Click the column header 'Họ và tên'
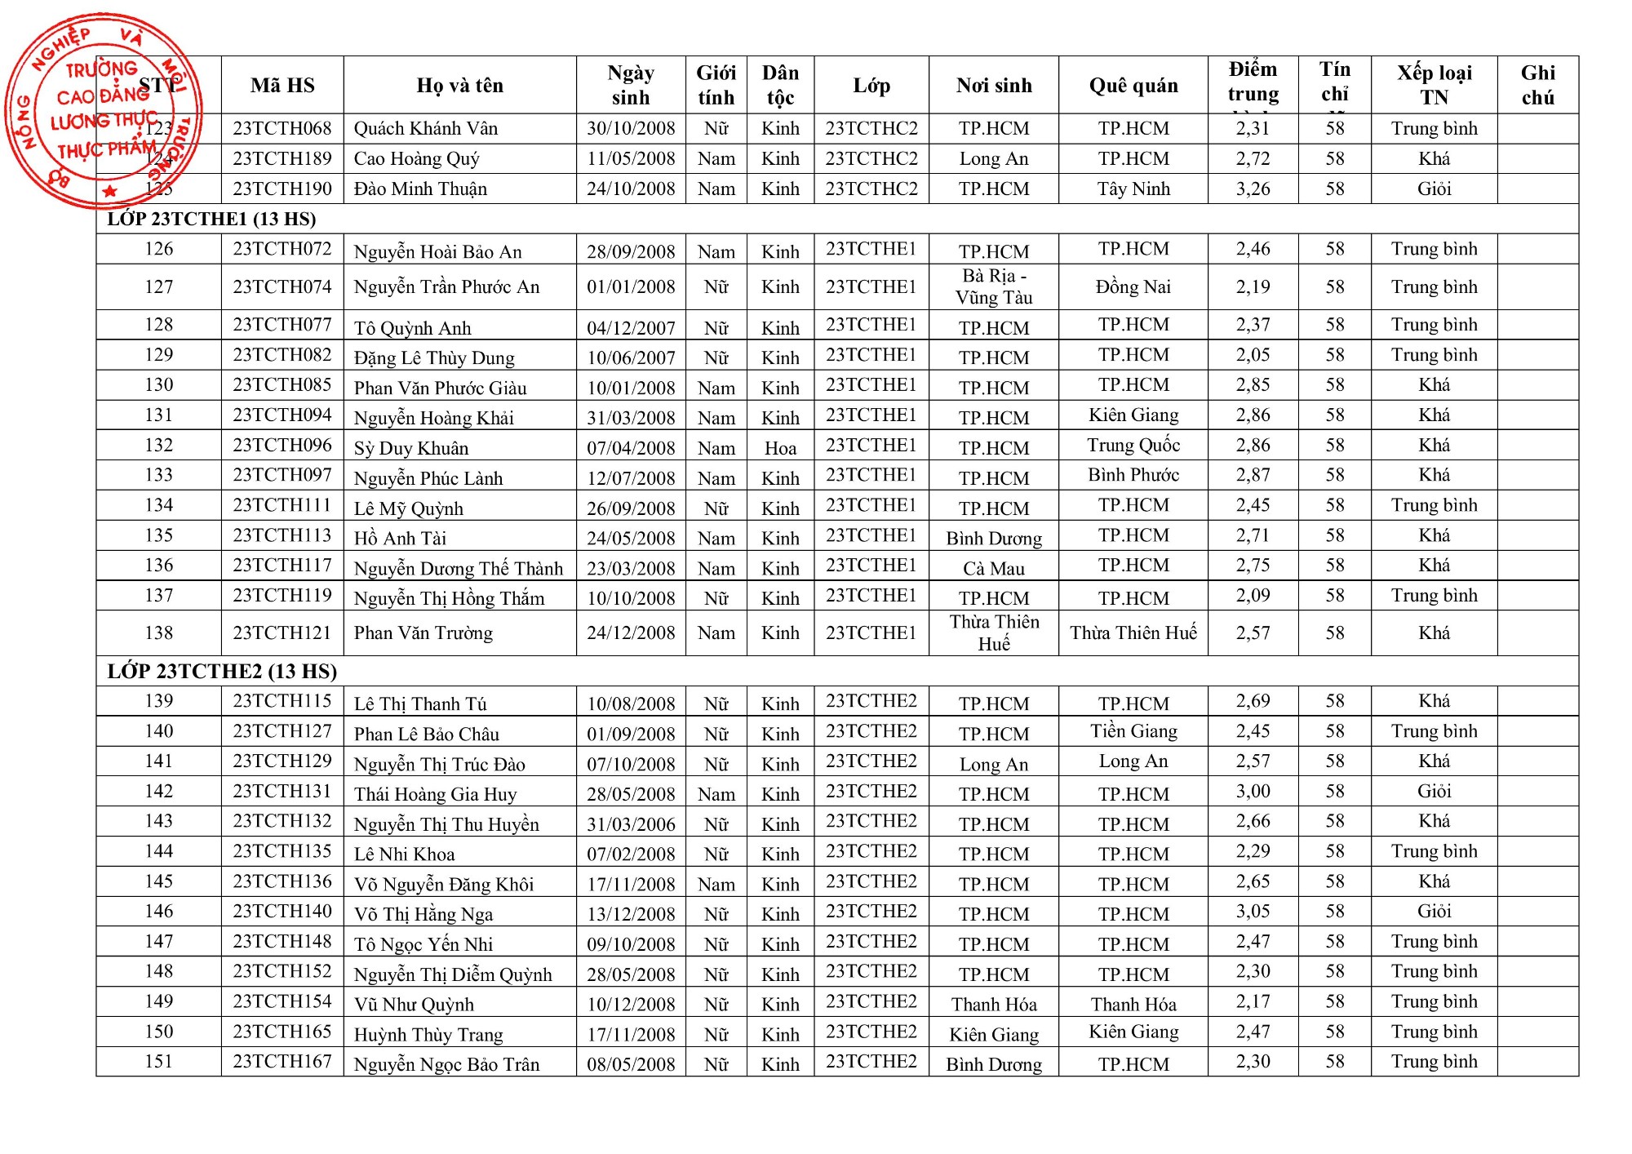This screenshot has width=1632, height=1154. [x=459, y=85]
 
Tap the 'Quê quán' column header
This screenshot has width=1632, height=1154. [x=1133, y=85]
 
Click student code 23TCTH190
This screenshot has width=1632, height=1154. [x=282, y=189]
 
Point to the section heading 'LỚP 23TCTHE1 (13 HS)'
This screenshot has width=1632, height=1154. [x=211, y=219]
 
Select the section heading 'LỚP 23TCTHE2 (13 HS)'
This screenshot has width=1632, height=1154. [x=222, y=671]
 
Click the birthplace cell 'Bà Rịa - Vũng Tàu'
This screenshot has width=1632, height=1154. [x=993, y=286]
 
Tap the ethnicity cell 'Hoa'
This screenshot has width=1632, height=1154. [x=780, y=448]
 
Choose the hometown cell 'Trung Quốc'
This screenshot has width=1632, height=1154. [x=1133, y=445]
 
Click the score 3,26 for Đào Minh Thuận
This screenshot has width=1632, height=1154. [x=1253, y=189]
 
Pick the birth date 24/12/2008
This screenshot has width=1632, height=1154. [x=631, y=632]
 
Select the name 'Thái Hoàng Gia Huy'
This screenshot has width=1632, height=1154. [x=435, y=794]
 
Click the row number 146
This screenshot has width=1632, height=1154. [x=158, y=911]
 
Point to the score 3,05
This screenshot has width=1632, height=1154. [x=1253, y=911]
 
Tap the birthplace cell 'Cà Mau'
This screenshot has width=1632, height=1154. [x=993, y=568]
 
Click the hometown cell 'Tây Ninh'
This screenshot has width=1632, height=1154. [x=1133, y=189]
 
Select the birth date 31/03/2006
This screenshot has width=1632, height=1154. [x=631, y=824]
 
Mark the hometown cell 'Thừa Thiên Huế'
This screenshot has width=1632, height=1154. [x=1133, y=632]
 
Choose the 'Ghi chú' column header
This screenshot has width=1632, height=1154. [x=1537, y=85]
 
